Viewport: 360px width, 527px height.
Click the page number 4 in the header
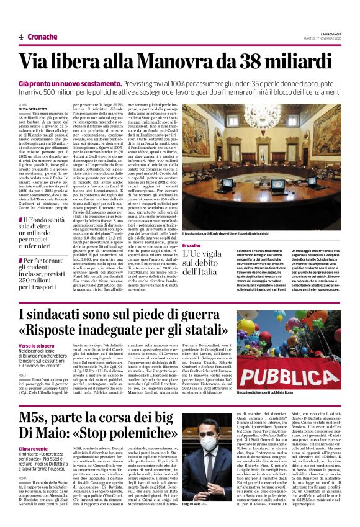coord(20,37)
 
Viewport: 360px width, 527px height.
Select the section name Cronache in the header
coord(42,37)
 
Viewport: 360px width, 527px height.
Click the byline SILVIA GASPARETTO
coord(31,110)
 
